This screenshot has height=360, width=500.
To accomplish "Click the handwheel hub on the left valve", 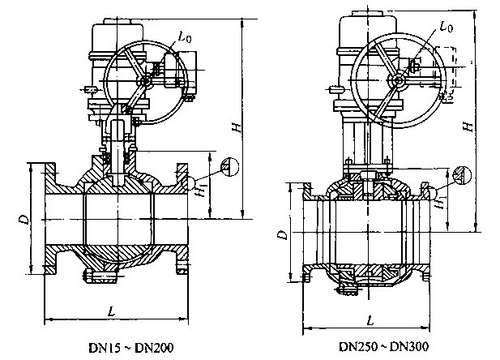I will [146, 81].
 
